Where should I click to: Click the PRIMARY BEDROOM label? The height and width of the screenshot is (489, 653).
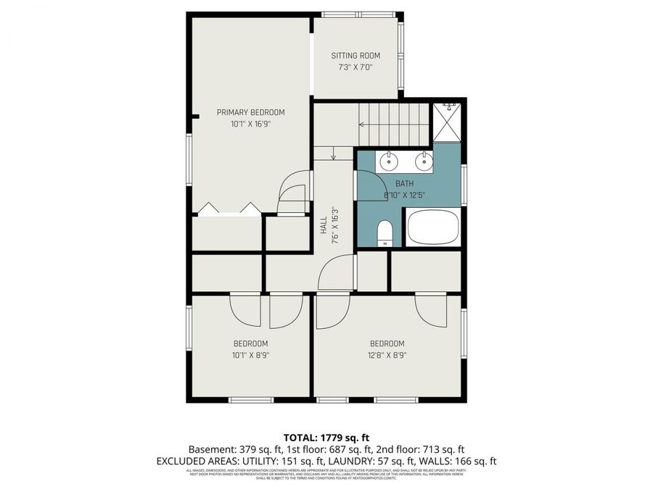[250, 112]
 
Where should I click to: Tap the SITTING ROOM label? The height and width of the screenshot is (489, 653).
[356, 56]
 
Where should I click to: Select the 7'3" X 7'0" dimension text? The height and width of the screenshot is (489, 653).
[356, 67]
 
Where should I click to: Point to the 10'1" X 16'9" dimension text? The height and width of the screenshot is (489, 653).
[250, 124]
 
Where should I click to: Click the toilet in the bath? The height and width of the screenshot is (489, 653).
[385, 233]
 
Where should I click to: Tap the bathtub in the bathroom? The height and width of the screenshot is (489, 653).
[433, 227]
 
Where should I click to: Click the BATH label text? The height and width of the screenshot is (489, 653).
[403, 184]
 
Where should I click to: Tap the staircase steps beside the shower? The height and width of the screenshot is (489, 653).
[395, 124]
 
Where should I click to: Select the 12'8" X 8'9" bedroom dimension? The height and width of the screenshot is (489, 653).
[387, 355]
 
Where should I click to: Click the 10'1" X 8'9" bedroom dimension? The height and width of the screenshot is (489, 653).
[250, 355]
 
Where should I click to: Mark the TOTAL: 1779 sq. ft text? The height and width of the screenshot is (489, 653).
[326, 437]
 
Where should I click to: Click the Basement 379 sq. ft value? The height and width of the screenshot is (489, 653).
[231, 449]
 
